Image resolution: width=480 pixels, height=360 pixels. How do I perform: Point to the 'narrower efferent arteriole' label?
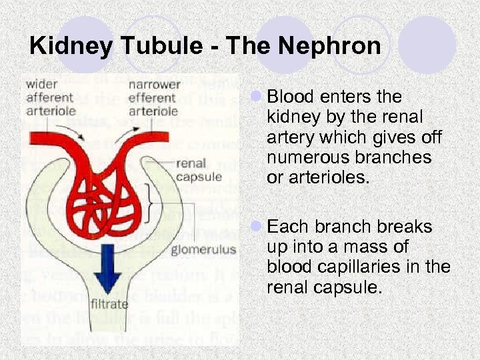tap(154, 97)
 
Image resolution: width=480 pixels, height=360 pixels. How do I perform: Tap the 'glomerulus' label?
tap(203, 250)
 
